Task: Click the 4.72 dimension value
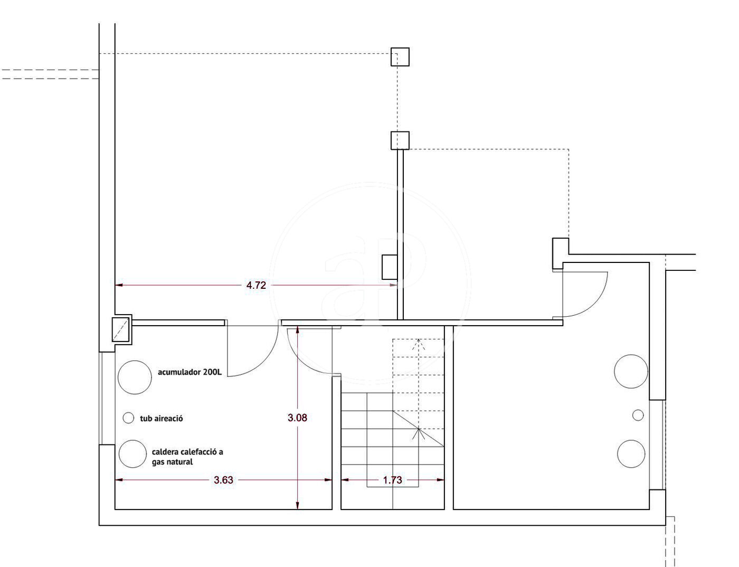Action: (255, 286)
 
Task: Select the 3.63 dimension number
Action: (223, 480)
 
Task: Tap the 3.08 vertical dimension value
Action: (297, 418)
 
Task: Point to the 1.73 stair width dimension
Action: (392, 480)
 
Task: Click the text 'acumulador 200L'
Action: (190, 372)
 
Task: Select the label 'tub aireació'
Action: (161, 418)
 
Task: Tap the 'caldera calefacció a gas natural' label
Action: (187, 457)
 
